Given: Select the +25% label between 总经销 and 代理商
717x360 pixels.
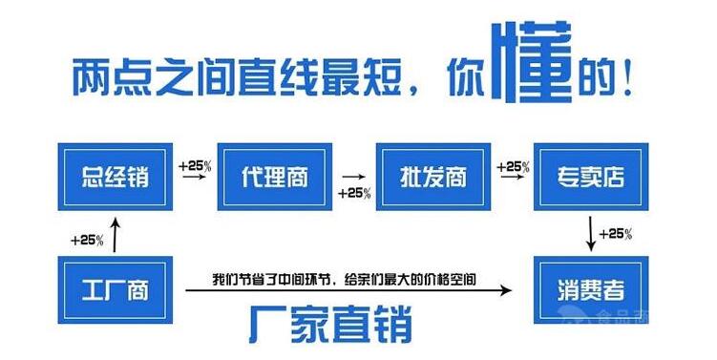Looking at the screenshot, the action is [x=196, y=165].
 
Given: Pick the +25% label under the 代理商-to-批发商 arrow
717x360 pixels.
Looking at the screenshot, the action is [x=354, y=193].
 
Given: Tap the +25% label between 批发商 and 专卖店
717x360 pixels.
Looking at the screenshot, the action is [x=513, y=165].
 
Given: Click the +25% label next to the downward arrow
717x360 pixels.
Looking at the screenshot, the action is [x=616, y=234].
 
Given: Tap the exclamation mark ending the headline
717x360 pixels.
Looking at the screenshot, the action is [x=626, y=76].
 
